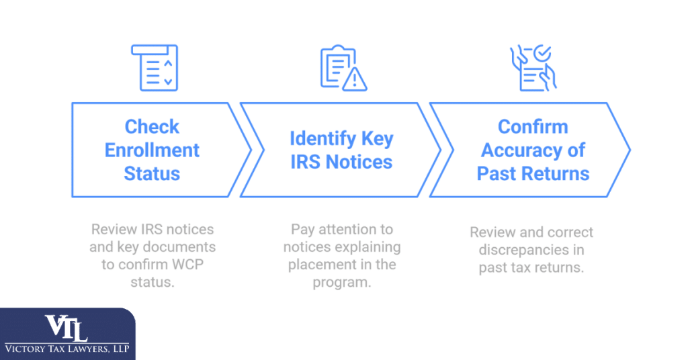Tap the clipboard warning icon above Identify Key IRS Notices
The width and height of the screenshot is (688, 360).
[342, 67]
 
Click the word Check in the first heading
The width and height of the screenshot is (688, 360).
[152, 127]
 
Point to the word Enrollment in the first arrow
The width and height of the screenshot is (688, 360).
[152, 150]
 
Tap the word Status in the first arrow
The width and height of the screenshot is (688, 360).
[152, 173]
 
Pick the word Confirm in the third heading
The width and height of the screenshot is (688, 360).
[533, 127]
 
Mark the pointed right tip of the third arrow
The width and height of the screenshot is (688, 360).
[630, 149]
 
